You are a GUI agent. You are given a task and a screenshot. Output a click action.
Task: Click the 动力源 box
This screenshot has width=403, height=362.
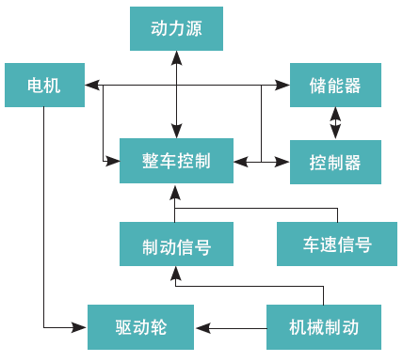[x=176, y=28]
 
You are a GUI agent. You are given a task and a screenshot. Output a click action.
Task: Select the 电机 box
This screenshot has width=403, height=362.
[x=44, y=85]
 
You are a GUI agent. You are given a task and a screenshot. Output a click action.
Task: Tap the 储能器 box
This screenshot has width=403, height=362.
[x=335, y=85]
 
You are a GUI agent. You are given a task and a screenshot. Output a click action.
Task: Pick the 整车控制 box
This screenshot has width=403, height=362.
[x=176, y=161]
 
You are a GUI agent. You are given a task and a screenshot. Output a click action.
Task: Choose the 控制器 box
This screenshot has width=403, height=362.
[x=335, y=162]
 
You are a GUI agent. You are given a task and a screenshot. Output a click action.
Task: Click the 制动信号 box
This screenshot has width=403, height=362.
[x=176, y=244]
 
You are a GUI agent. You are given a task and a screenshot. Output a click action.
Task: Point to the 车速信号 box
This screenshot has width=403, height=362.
[x=337, y=244]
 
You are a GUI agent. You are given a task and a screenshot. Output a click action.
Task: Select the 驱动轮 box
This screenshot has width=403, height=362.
[x=140, y=327]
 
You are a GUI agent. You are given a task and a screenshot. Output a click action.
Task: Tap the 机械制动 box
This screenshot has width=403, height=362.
[x=324, y=327]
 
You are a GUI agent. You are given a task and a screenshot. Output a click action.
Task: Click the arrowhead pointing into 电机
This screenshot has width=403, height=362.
[x=92, y=85]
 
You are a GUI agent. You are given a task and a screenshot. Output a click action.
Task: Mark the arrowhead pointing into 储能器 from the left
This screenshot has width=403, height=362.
[x=282, y=85]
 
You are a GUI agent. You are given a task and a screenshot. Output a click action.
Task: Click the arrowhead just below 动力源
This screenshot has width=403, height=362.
[x=177, y=57]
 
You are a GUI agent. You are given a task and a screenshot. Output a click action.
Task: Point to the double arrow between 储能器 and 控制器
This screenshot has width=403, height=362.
[x=335, y=123]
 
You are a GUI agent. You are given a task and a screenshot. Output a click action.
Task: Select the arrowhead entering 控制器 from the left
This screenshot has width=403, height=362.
[x=282, y=162]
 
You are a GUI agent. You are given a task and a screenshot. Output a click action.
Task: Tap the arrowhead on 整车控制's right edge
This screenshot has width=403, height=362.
[x=241, y=162]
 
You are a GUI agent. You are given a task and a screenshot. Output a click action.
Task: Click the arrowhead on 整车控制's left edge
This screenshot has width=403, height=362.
[x=112, y=162]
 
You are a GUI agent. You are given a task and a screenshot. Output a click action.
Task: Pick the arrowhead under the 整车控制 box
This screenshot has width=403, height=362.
[x=175, y=193]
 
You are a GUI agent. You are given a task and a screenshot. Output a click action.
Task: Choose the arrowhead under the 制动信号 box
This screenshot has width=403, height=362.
[x=175, y=274]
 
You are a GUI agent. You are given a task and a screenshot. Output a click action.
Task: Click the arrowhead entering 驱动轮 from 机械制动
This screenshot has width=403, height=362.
[x=202, y=328]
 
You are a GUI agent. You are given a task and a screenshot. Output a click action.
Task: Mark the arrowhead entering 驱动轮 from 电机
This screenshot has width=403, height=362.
[x=79, y=327]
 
